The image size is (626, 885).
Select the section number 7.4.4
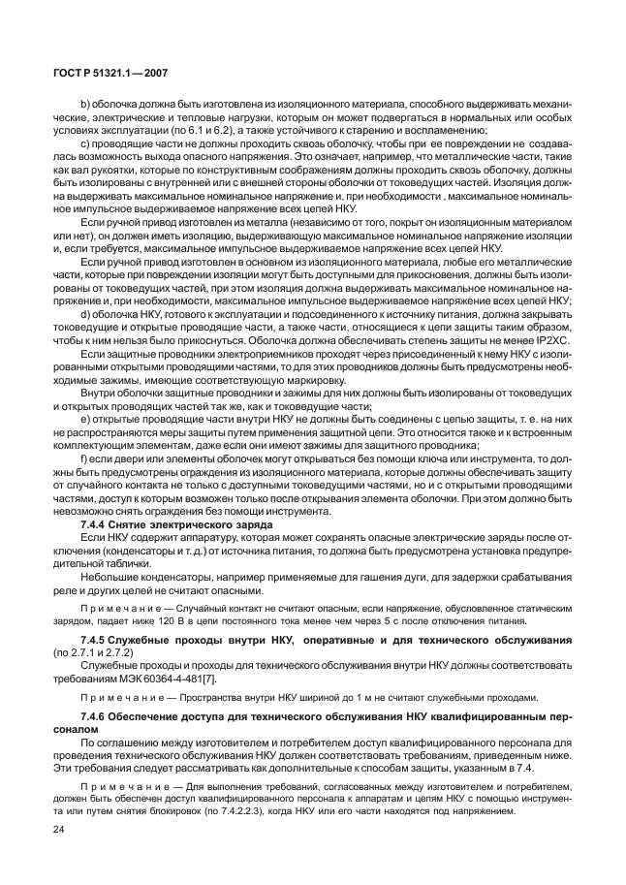point(97,523)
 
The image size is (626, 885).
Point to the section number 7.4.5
point(97,642)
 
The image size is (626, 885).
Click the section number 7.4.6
point(97,713)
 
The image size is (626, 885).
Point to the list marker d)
point(85,311)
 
